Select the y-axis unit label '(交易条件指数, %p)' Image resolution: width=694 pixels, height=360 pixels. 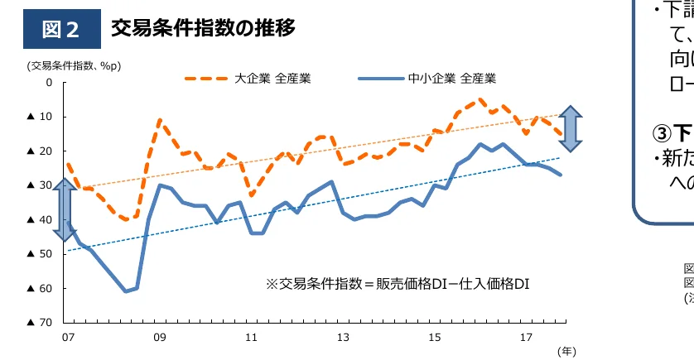pos(74,65)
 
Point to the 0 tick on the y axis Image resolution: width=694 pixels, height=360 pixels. pos(49,83)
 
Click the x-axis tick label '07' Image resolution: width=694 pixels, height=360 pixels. pos(66,337)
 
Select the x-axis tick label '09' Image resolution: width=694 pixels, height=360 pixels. pos(159,337)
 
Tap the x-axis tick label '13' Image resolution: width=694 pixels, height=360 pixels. pos(343,337)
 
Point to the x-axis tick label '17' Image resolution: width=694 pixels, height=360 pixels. pos(526,337)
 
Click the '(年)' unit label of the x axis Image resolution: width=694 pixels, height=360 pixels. pos(566,351)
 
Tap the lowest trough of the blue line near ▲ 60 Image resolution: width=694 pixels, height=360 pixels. pos(126,290)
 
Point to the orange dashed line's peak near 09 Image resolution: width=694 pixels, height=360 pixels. pos(159,121)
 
